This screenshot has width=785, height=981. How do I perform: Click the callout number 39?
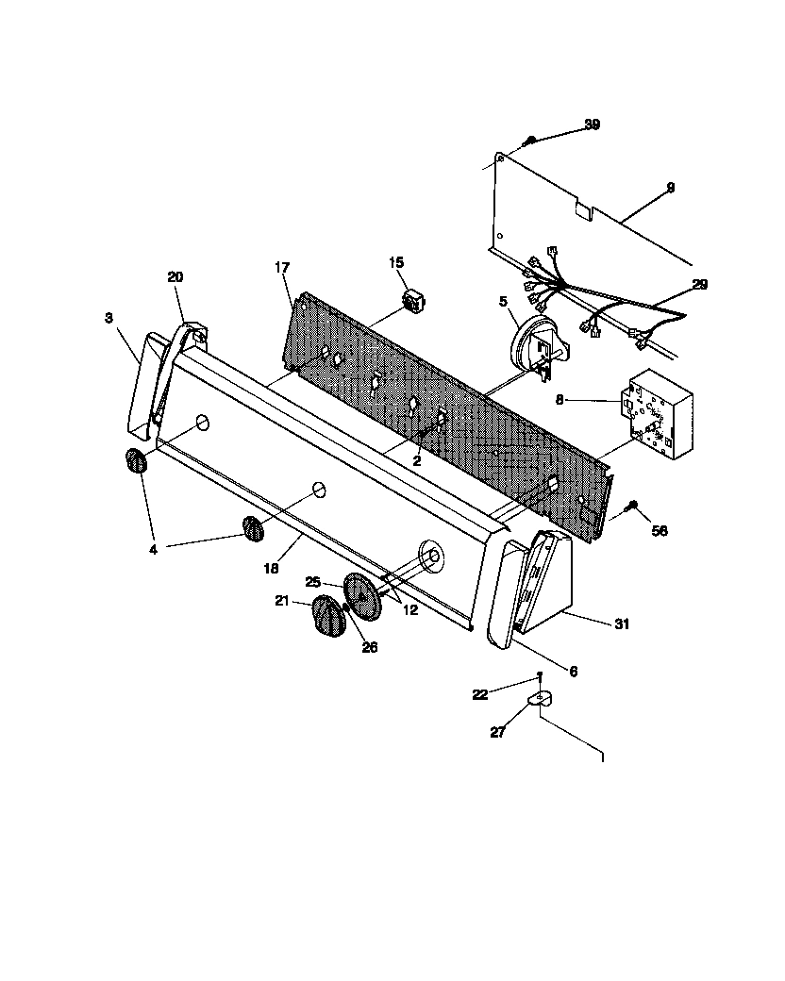[592, 125]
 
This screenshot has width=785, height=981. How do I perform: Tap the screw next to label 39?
[531, 141]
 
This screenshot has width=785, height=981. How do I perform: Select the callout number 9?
[670, 189]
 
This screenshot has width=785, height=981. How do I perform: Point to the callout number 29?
[699, 284]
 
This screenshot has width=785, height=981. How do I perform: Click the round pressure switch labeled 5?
[529, 345]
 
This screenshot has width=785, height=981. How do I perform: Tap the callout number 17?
[282, 268]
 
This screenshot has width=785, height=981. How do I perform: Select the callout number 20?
[175, 276]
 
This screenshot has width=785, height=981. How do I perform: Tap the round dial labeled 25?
[360, 597]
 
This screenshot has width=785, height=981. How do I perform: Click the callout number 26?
[369, 647]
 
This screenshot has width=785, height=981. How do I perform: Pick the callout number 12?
[411, 610]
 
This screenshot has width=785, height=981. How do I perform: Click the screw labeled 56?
[631, 509]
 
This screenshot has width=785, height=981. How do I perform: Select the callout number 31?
[621, 624]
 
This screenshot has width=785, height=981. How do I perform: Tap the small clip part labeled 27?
[539, 699]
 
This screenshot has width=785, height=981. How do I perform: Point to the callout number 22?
[480, 694]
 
